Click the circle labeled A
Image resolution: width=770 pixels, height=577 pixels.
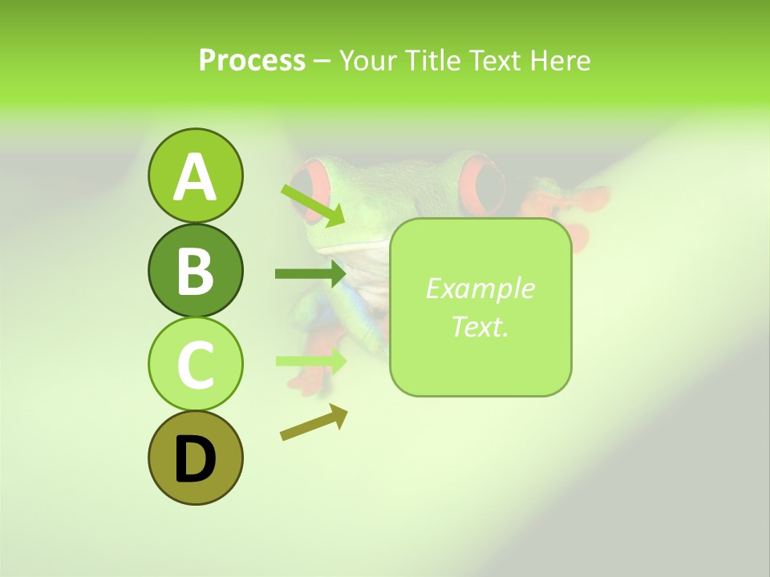click(195, 176)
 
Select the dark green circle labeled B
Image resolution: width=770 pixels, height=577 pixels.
click(195, 270)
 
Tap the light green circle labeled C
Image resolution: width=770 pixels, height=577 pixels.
click(195, 365)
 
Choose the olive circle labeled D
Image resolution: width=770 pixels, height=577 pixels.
click(195, 458)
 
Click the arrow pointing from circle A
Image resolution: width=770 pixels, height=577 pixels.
click(313, 205)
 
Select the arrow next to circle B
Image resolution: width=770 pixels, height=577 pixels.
click(310, 274)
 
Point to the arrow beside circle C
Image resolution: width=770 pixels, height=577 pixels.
click(310, 361)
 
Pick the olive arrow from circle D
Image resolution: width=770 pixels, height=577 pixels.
click(314, 422)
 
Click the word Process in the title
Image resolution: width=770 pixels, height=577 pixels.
click(252, 60)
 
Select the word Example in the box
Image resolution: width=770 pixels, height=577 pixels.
click(480, 288)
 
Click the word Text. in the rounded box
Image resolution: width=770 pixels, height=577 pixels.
click(480, 326)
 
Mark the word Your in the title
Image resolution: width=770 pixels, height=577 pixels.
click(370, 60)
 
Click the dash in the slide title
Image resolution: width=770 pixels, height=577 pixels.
click(322, 61)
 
